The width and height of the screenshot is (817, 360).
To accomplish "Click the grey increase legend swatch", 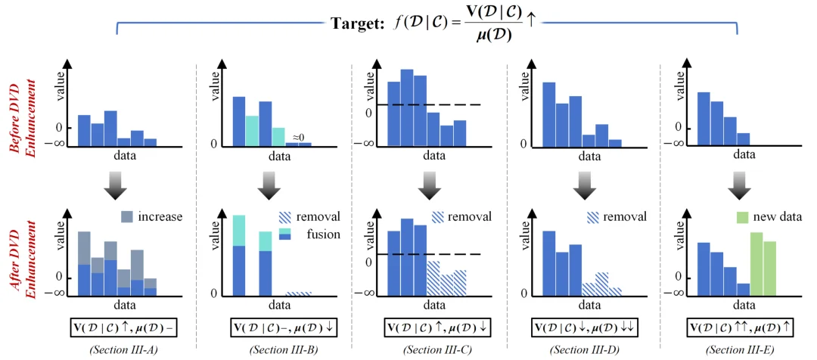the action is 127,216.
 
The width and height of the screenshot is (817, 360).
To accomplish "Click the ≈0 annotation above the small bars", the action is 298,136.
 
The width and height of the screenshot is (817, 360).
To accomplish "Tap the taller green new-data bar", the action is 756,264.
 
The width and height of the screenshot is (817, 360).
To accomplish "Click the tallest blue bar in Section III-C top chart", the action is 407,107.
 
